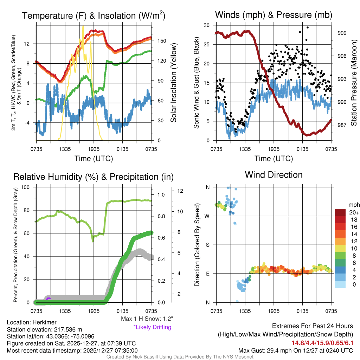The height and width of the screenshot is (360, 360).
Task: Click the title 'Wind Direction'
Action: [x=274, y=175]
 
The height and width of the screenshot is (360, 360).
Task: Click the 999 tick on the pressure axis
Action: [x=341, y=33]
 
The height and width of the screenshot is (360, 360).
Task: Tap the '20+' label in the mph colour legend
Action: [x=352, y=212]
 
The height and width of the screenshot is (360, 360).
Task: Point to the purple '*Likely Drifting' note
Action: [x=152, y=327]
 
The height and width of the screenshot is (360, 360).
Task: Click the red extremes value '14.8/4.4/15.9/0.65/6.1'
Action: [x=322, y=343]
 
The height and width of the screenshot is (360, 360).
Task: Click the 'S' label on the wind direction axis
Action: [x=207, y=245]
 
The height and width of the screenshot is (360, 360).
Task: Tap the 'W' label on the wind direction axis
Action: [x=207, y=216]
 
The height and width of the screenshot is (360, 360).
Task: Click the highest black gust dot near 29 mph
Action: [x=307, y=27]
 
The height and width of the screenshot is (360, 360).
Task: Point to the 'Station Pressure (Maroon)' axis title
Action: [x=354, y=83]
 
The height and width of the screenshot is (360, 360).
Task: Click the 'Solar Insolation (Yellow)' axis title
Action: [x=173, y=83]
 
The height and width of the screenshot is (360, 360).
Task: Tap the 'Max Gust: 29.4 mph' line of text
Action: [x=296, y=350]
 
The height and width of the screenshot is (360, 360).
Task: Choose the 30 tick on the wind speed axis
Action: [x=207, y=25]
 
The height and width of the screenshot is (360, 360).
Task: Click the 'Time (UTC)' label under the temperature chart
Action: [x=94, y=159]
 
